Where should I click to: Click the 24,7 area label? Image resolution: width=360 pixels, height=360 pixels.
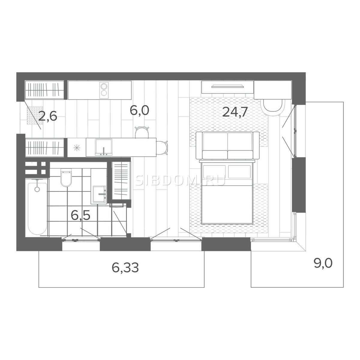(x=233, y=112)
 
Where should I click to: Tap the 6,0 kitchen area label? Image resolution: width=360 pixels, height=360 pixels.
(x=139, y=110)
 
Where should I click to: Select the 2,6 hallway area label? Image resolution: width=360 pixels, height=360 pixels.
(x=47, y=117)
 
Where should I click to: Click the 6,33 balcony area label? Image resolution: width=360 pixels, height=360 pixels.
(x=125, y=268)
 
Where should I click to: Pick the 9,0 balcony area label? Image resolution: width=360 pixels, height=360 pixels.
(x=323, y=264)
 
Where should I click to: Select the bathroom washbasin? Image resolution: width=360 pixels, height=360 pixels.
(x=99, y=194)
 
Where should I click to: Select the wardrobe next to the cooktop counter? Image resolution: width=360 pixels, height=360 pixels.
(x=45, y=90)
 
